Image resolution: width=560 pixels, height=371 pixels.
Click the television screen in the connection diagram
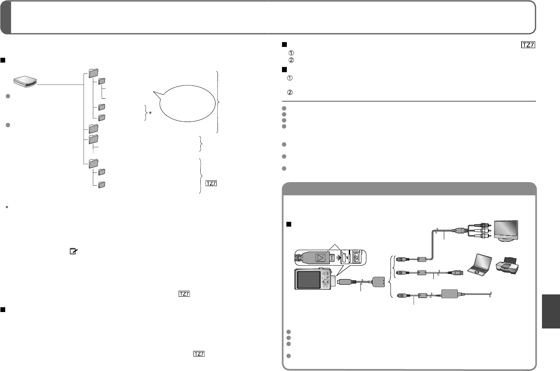[506, 230]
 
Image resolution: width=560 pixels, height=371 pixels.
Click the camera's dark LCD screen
[308, 280]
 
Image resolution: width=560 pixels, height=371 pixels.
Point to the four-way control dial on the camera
[326, 282]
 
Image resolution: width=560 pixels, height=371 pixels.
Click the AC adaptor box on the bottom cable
[450, 294]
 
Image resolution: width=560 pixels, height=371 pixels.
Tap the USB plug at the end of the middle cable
[458, 272]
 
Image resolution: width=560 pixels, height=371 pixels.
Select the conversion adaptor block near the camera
[379, 282]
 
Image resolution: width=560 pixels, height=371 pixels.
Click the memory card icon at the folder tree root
[25, 81]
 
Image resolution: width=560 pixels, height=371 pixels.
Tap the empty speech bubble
[185, 103]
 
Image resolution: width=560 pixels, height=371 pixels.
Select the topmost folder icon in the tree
[93, 73]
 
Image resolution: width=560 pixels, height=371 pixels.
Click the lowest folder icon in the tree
[102, 184]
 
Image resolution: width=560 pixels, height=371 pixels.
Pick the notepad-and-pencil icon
[73, 251]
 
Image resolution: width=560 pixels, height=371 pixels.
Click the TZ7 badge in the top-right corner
[528, 45]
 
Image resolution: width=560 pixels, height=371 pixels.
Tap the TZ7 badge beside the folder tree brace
[211, 183]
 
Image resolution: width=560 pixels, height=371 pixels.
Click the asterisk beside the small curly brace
[150, 113]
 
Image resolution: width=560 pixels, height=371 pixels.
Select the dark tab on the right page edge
[551, 311]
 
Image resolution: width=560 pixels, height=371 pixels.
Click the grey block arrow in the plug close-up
[339, 257]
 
